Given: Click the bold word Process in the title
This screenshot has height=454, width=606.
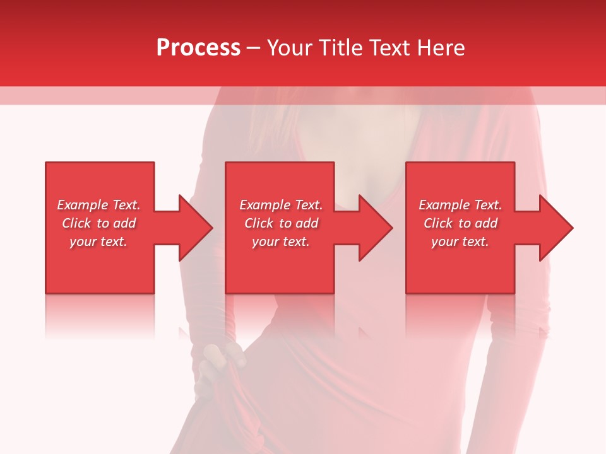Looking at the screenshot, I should click(x=198, y=48).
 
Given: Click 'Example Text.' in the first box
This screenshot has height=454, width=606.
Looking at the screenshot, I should click(x=98, y=205).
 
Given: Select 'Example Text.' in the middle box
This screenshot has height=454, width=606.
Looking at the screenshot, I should click(x=281, y=205).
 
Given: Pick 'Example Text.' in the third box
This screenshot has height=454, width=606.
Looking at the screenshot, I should click(x=460, y=205).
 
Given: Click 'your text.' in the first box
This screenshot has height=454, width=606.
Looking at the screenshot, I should click(x=98, y=242).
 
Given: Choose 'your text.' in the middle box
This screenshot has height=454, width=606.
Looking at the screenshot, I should click(x=281, y=242).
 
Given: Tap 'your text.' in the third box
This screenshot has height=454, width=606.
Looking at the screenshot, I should click(x=460, y=242).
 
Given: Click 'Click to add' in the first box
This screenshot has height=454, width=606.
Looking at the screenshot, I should click(x=98, y=223).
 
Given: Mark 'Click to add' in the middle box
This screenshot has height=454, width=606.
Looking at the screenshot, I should click(x=281, y=223).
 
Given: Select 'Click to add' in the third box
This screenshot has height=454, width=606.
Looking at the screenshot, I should click(x=460, y=223).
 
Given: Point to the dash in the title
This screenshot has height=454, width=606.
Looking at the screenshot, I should click(x=253, y=49).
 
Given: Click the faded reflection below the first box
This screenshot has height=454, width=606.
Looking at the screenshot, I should click(x=99, y=315).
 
